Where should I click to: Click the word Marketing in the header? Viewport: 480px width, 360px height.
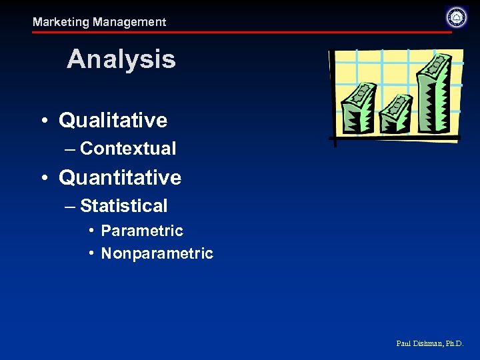click(x=61, y=22)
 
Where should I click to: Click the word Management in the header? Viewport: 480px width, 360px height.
click(x=129, y=22)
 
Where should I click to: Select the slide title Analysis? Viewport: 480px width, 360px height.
click(x=121, y=59)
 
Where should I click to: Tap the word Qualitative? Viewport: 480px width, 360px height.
click(x=113, y=120)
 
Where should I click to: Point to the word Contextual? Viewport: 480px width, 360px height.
click(x=128, y=149)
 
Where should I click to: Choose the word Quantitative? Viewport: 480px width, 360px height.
click(x=120, y=177)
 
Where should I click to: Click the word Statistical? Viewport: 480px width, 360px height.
click(x=123, y=206)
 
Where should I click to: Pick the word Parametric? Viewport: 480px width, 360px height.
click(x=141, y=231)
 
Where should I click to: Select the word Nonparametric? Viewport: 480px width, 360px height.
click(x=157, y=253)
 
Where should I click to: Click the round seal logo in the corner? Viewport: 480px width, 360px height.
click(x=456, y=17)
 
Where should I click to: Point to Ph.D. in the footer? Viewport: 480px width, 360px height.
click(x=453, y=344)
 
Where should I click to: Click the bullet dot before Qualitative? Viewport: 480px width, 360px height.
click(x=43, y=121)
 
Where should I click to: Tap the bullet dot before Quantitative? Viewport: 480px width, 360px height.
click(x=43, y=178)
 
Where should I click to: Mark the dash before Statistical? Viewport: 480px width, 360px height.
click(x=70, y=206)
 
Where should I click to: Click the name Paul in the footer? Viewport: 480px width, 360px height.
click(x=403, y=344)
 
